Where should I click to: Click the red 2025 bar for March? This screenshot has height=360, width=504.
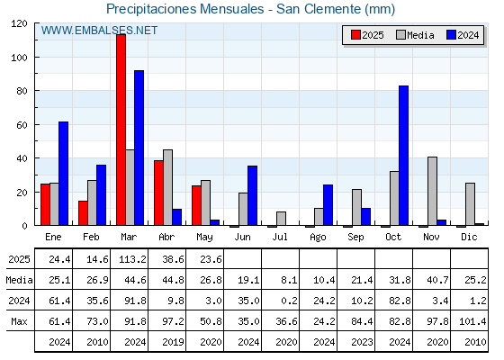click(121, 130)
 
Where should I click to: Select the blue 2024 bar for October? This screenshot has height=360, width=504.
click(404, 156)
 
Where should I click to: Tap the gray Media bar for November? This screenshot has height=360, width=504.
click(432, 191)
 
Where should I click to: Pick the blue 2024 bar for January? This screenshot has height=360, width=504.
click(63, 174)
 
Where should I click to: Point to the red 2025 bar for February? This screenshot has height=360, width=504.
click(83, 213)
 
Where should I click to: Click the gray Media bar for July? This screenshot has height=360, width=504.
click(281, 219)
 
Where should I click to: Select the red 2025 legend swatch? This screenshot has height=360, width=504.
click(355, 35)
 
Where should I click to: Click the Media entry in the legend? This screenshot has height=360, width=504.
click(415, 35)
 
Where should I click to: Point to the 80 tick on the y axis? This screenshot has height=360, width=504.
click(35, 91)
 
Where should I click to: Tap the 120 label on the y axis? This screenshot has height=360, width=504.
click(19, 23)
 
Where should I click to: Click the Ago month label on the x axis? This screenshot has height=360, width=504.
click(318, 238)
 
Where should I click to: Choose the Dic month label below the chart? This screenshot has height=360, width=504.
click(469, 237)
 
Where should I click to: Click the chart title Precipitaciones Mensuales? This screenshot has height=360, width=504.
click(185, 9)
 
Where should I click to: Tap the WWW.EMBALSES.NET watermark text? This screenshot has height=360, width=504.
click(99, 31)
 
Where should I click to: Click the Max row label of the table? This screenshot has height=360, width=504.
click(19, 321)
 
